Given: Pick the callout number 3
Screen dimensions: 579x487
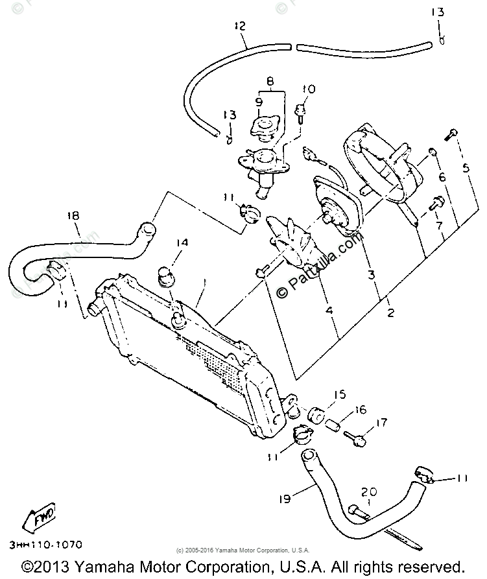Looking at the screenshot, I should click(x=371, y=275).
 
